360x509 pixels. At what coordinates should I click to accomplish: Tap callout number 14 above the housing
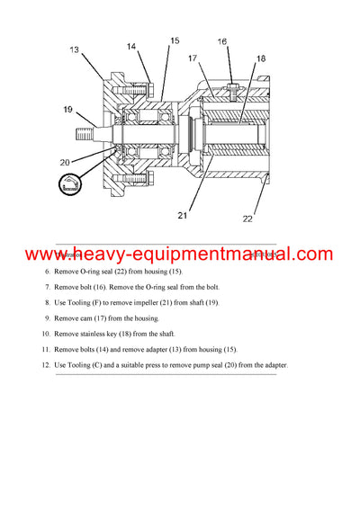[x=131, y=46]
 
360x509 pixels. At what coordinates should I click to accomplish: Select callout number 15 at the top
[x=175, y=40]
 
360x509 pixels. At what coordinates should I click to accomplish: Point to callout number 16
[x=222, y=41]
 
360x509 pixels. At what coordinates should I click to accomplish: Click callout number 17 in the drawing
[x=192, y=59]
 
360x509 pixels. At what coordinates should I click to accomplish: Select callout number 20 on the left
[x=66, y=162]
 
